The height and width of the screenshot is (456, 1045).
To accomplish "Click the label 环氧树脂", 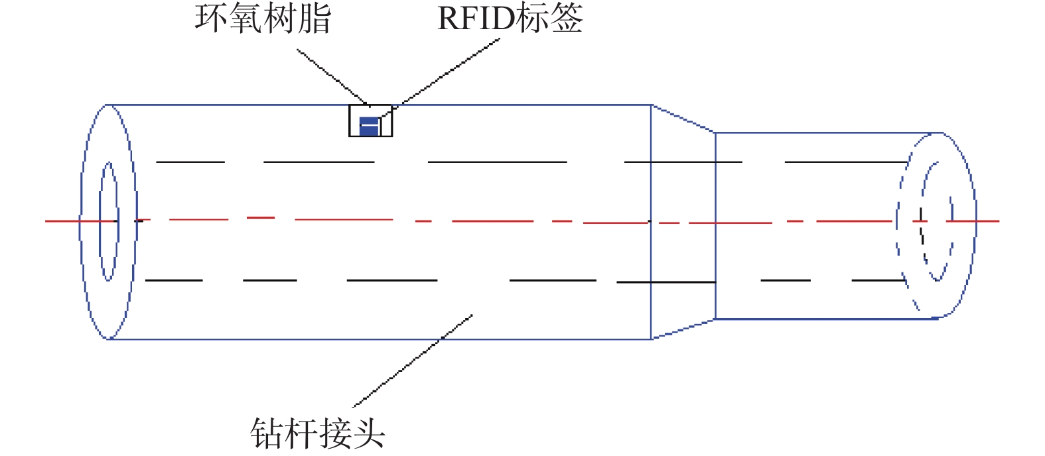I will coord(263,19).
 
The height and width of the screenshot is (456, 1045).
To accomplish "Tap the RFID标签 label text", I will coord(510,18).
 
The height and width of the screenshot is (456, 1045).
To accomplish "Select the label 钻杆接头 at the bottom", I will coord(318,434).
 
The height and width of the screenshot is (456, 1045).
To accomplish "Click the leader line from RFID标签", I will coord(451,69).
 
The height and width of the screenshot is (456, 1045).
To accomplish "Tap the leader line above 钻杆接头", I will coord(411,361).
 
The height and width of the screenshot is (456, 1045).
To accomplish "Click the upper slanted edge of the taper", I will coord(683,119).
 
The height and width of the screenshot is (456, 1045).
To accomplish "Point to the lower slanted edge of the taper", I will coord(683,329).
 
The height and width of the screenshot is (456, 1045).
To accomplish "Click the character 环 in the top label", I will coord(212,19).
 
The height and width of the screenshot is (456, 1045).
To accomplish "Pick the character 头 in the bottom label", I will coord(368,434).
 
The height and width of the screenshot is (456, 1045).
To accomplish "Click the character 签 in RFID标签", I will coord(566,18).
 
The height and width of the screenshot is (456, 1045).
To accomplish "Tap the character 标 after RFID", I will coord(532,18).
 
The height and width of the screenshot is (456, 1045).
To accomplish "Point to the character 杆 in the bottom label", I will coord(301,434).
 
